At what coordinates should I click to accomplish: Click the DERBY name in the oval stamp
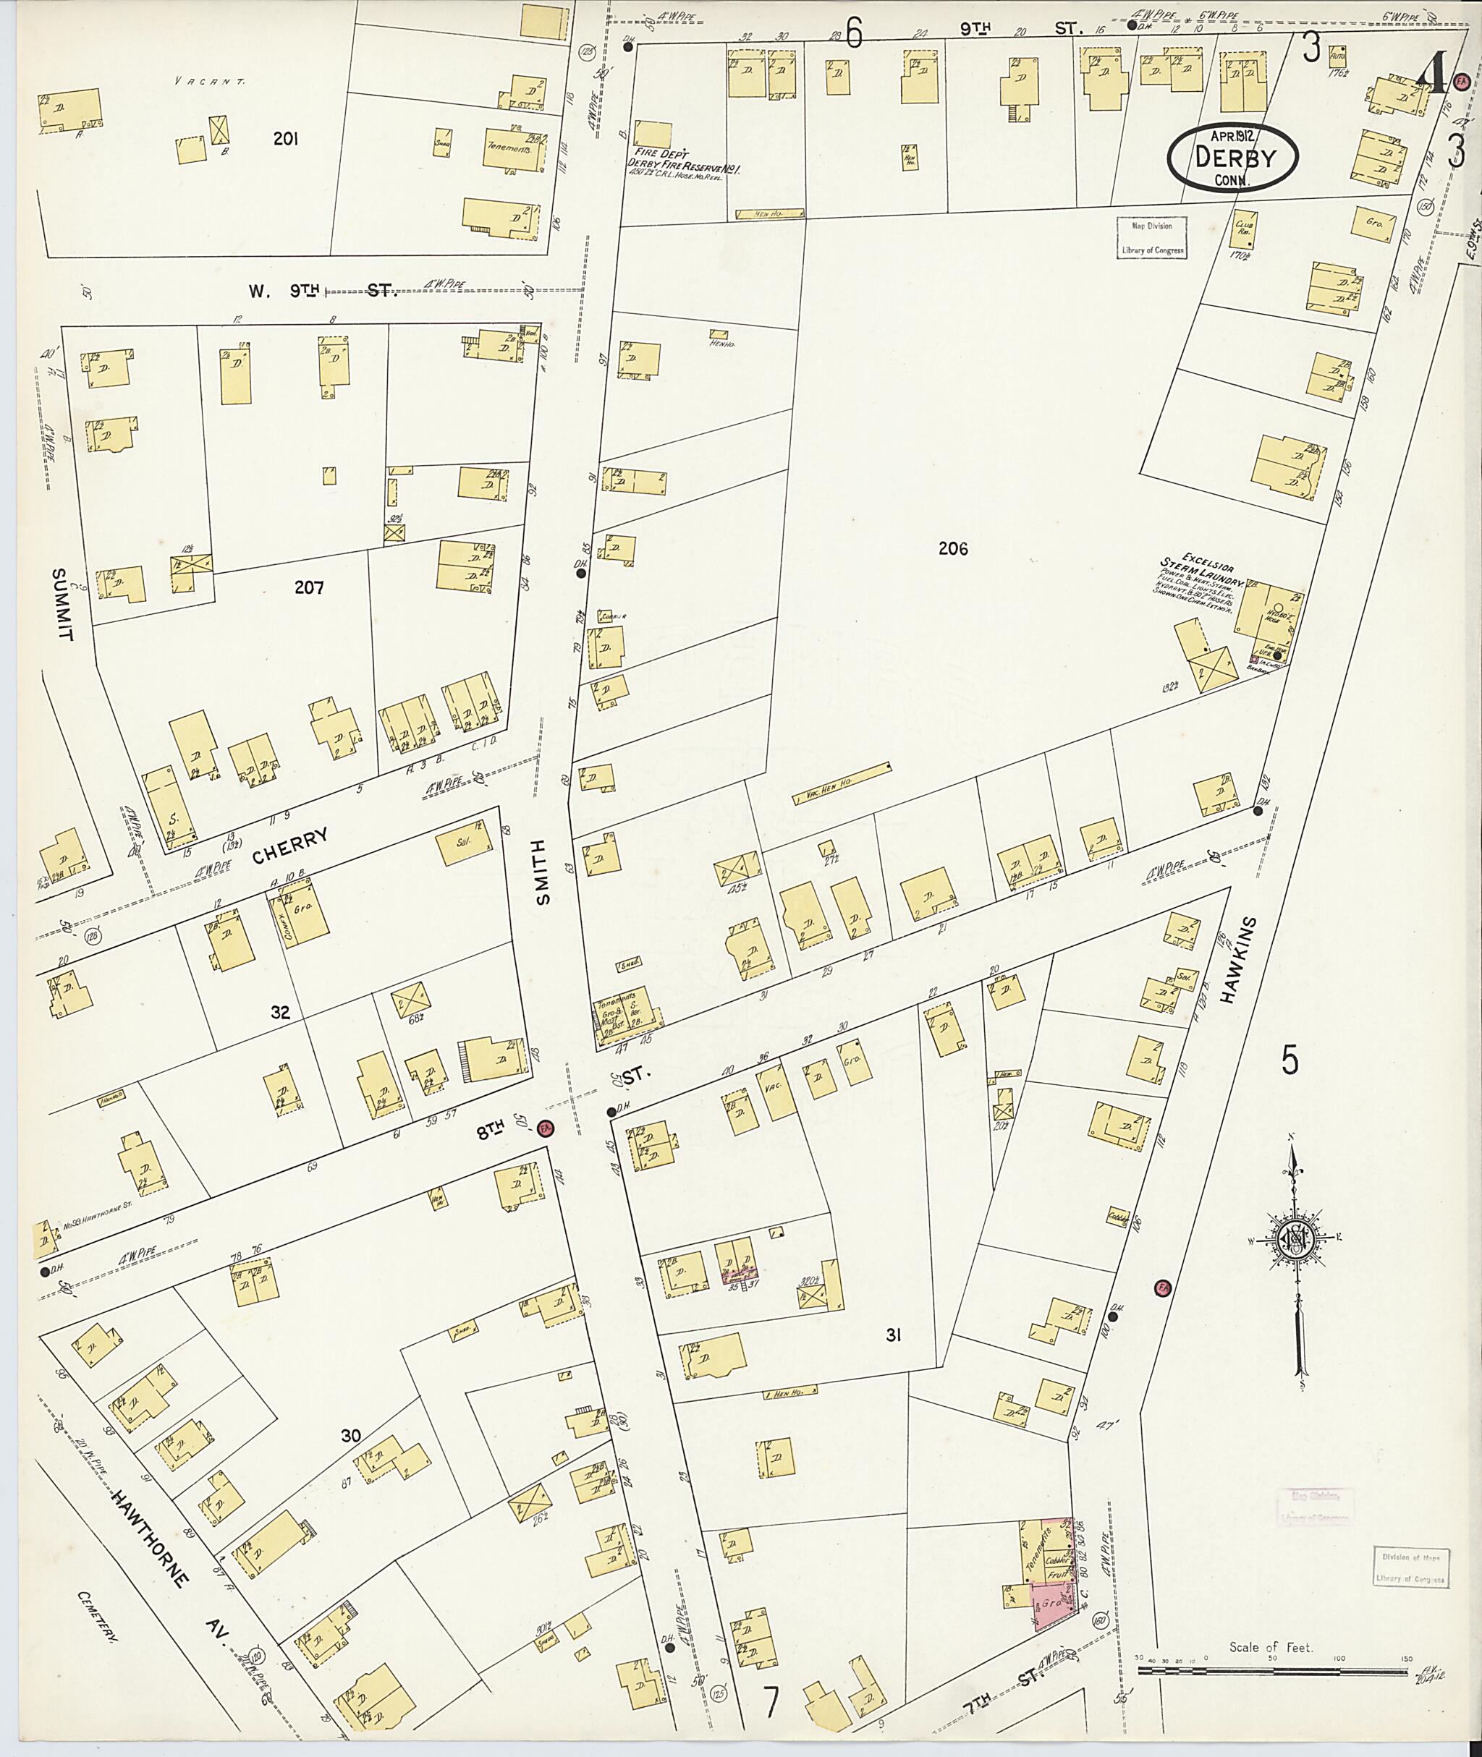pos(1232,157)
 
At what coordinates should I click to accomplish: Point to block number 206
pos(953,548)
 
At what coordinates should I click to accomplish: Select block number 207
pos(308,587)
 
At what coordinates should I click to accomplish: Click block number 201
pos(286,139)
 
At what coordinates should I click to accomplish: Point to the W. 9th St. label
pos(322,292)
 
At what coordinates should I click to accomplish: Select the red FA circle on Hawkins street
pos(1164,1287)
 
